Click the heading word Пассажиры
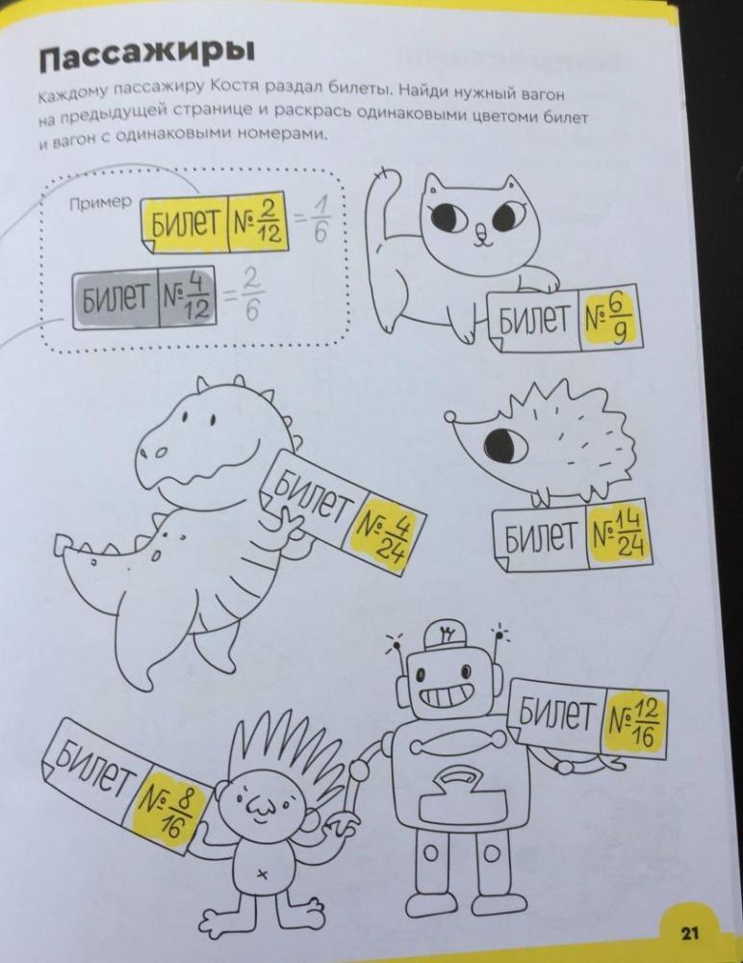click(145, 55)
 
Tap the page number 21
click(690, 933)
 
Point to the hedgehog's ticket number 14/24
click(617, 534)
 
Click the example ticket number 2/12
click(257, 221)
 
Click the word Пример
click(101, 201)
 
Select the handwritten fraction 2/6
click(250, 295)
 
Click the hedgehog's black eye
click(505, 442)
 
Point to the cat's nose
click(481, 230)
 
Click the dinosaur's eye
click(214, 420)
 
